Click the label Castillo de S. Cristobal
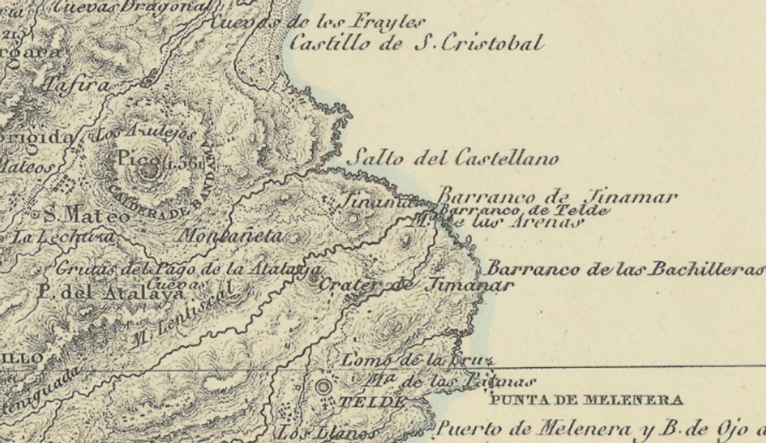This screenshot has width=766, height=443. pyautogui.click(x=416, y=43)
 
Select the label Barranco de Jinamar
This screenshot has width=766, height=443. pyautogui.click(x=557, y=196)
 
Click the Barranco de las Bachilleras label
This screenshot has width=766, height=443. pyautogui.click(x=626, y=269)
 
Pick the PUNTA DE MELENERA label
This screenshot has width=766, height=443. pyautogui.click(x=586, y=400)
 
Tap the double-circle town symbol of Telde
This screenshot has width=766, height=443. pyautogui.click(x=324, y=386)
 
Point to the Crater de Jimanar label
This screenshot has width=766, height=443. pyautogui.click(x=415, y=284)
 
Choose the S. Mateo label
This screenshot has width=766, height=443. pyautogui.click(x=86, y=216)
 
